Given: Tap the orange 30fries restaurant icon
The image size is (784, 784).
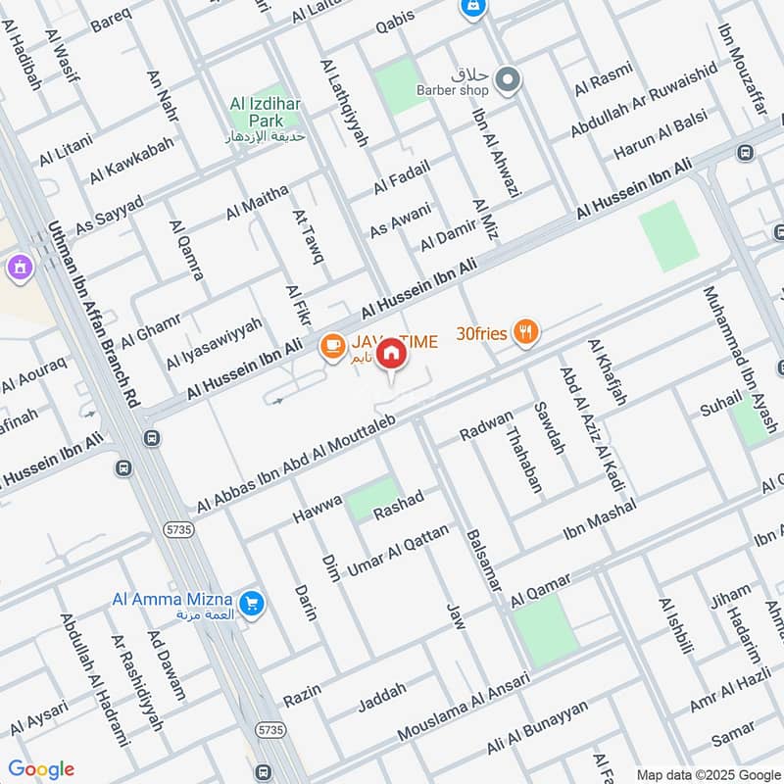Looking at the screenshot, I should click(527, 333).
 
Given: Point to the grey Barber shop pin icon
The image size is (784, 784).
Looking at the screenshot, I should click(508, 80).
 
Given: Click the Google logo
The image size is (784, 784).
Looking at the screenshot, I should click(40, 768).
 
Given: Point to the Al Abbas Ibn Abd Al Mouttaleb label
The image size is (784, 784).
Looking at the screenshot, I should click(295, 463).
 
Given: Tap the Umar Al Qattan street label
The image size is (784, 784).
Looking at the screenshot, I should click(398, 550).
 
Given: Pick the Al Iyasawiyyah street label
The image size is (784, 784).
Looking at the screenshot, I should click(214, 343).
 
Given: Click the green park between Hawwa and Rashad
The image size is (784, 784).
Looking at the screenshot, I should click(373, 499).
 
